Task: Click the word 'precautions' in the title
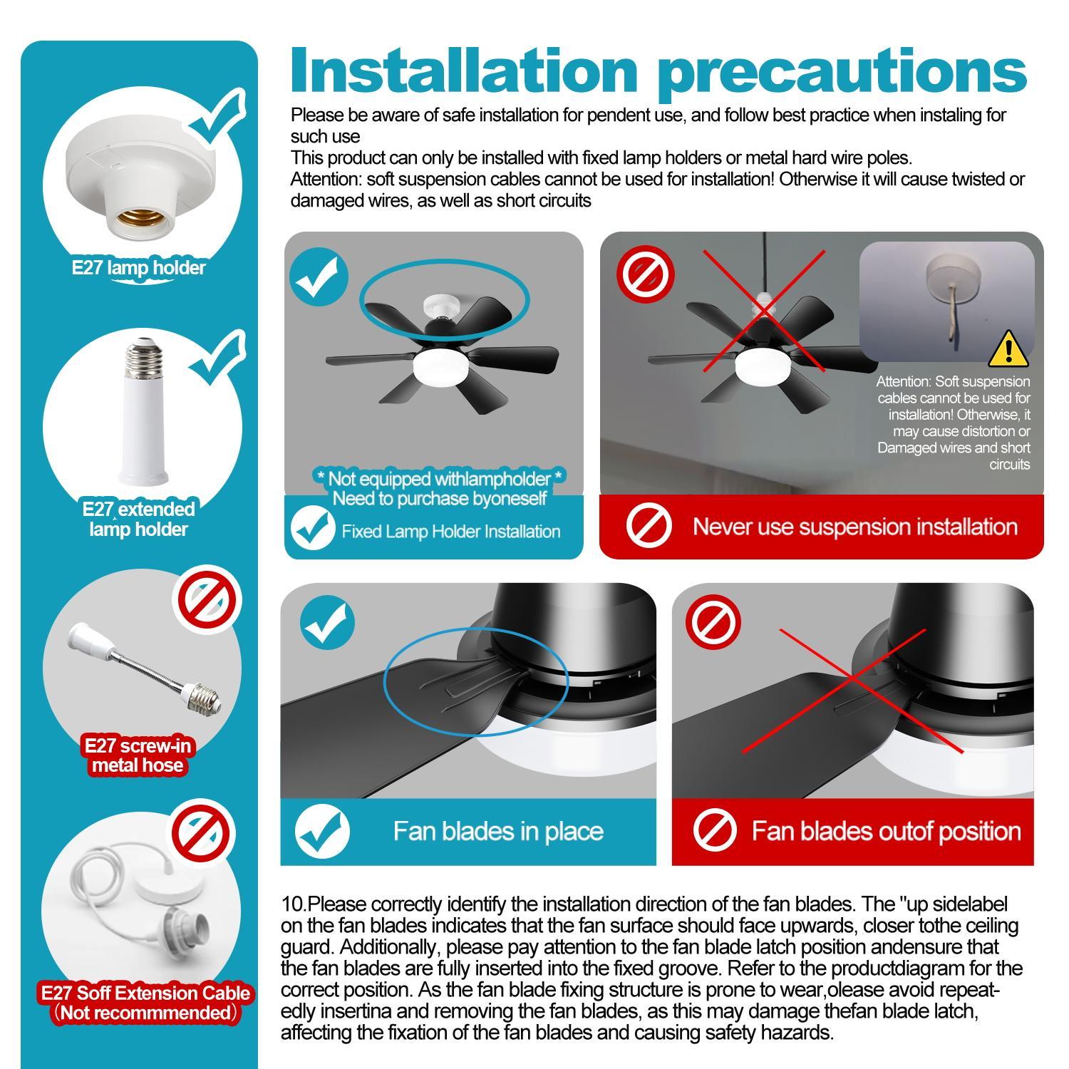[x=841, y=71]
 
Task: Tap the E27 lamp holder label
[x=138, y=268]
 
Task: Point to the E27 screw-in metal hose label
[x=138, y=755]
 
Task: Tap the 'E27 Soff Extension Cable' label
[x=145, y=993]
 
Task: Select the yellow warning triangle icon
[x=1008, y=348]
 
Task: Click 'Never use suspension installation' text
[x=854, y=527]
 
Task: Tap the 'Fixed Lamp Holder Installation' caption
[x=450, y=532]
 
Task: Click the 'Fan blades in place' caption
[x=498, y=831]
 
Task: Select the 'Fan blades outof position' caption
[x=886, y=831]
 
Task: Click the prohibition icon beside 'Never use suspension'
[x=649, y=527]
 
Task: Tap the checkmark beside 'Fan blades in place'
[x=322, y=832]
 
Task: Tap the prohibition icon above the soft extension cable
[x=203, y=832]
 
